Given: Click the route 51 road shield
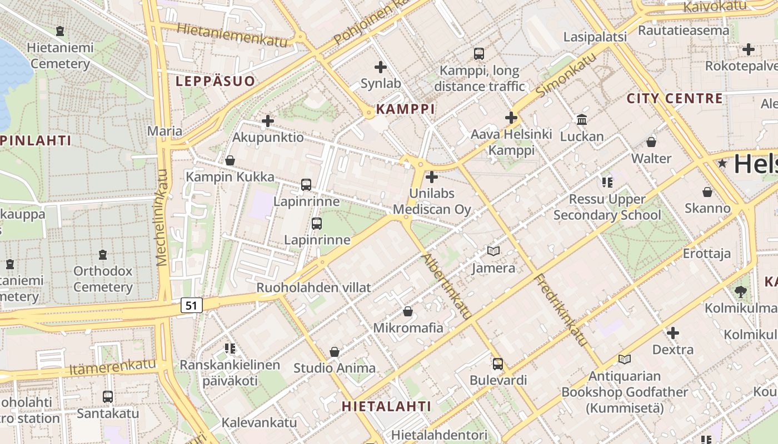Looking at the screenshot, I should click(x=192, y=305).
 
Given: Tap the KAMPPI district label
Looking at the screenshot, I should click(x=405, y=109).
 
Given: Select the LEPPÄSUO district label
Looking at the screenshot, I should click(x=216, y=81).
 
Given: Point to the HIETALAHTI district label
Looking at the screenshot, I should click(x=386, y=406).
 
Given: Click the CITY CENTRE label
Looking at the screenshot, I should click(x=675, y=99).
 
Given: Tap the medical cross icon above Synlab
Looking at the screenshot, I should click(x=381, y=68).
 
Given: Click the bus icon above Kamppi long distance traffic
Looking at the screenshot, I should click(x=479, y=54).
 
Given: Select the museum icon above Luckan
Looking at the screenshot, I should click(x=582, y=119).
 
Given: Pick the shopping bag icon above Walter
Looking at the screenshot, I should click(x=651, y=142).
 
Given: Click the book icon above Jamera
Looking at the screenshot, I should click(x=493, y=251).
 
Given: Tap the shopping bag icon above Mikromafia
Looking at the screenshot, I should click(x=408, y=311).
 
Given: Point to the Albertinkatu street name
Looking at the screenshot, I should click(x=447, y=286).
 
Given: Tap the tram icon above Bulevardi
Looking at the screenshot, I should click(x=498, y=364).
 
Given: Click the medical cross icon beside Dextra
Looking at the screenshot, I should click(x=673, y=333).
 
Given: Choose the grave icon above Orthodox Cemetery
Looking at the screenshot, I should click(x=103, y=255).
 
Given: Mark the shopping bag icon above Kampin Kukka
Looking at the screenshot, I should click(x=230, y=160).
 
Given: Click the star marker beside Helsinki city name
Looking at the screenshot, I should click(x=722, y=164).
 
